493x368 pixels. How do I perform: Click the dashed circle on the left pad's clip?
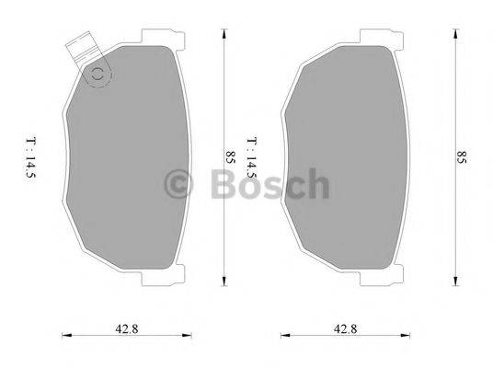[96, 75]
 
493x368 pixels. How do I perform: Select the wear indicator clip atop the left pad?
[84, 51]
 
